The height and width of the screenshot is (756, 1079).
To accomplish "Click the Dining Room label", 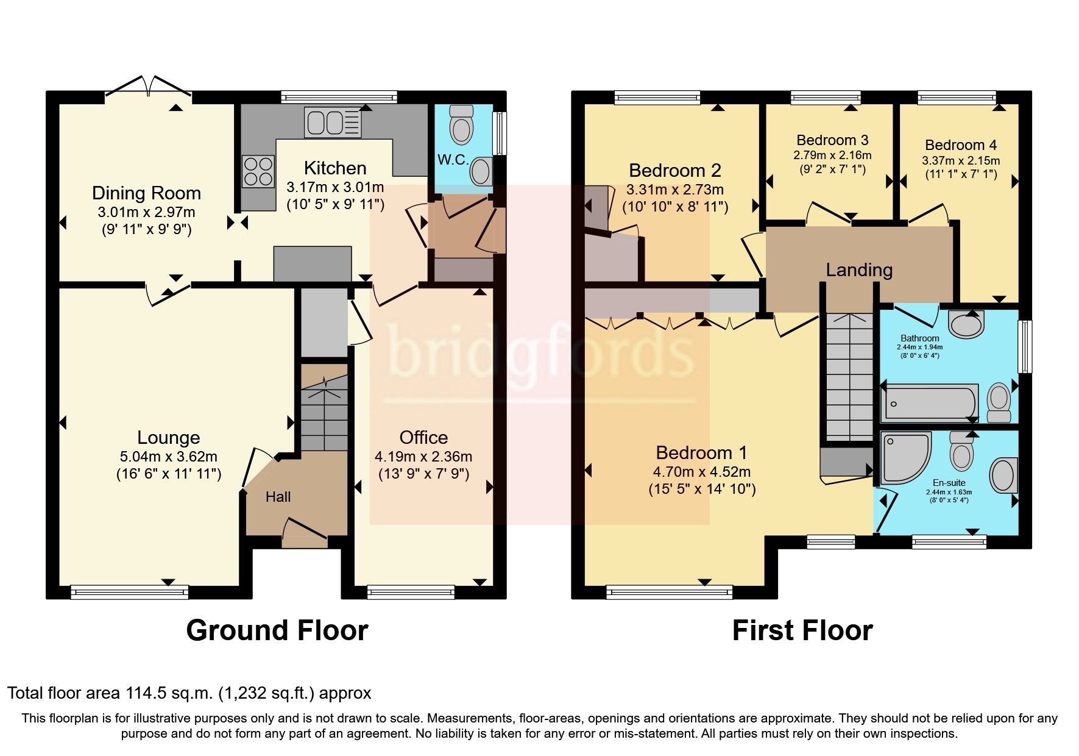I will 146,193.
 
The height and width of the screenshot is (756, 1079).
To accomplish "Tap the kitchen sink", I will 333,123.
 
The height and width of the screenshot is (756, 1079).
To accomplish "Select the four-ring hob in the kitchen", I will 258,171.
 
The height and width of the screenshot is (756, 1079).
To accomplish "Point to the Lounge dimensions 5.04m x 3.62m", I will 169,457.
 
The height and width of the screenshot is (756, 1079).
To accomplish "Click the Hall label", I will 278,497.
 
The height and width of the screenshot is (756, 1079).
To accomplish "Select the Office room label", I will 423,437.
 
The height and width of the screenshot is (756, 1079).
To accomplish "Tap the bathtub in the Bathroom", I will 929,402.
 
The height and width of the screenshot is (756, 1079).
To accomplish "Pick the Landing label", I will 859,269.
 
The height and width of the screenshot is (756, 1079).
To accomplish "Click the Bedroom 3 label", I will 832,140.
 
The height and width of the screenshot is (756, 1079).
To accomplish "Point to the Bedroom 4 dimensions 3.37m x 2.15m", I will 961,161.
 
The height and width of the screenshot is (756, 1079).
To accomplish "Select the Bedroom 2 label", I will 674,170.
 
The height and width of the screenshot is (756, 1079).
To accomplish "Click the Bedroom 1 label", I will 701,452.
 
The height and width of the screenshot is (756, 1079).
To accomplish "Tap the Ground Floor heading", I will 277,630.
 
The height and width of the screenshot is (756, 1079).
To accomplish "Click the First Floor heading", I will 802,630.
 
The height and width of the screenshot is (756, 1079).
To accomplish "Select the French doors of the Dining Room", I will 148,87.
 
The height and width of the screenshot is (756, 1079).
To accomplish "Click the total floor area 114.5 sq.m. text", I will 189,693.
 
